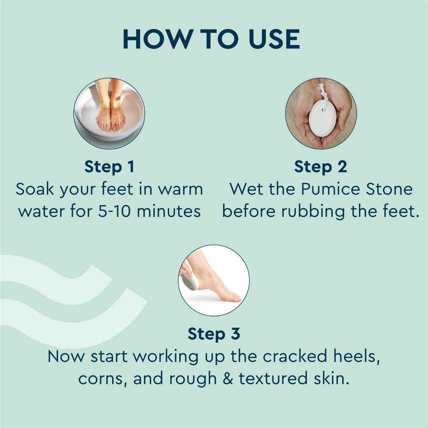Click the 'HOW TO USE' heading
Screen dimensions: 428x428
[211, 39]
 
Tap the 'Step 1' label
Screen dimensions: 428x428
[109, 167]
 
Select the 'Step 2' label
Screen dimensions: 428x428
[321, 167]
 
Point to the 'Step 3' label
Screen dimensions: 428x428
[214, 334]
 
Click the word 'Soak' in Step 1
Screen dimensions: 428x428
[35, 189]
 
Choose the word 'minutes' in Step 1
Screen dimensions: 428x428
[168, 211]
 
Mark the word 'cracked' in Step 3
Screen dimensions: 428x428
[295, 356]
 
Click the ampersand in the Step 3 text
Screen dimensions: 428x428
[228, 378]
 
